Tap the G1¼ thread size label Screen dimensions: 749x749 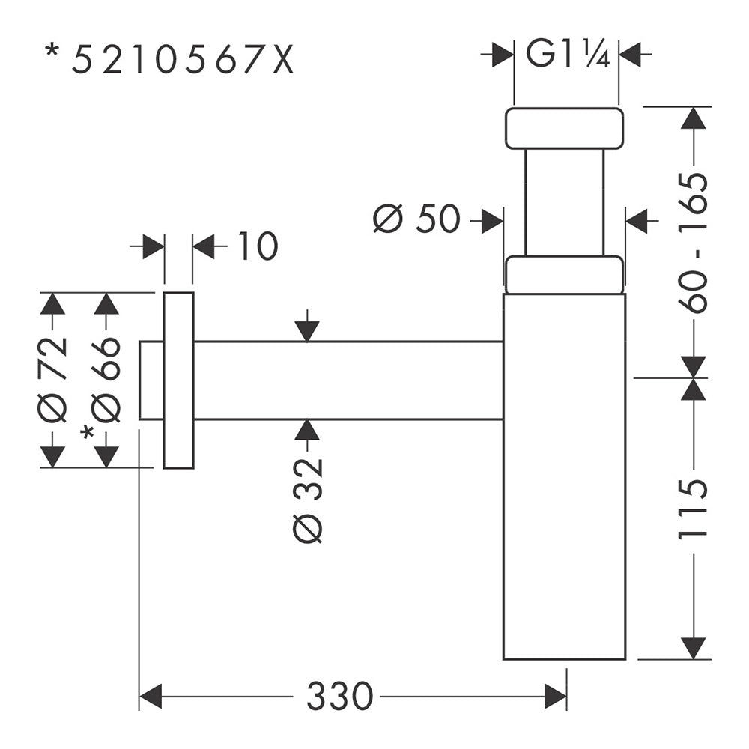(568, 54)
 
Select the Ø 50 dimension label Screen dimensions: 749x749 (416, 219)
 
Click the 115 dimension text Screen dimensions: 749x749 (693, 510)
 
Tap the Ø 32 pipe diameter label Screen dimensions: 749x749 (308, 500)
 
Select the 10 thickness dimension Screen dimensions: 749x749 (258, 246)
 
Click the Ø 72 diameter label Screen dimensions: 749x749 (52, 380)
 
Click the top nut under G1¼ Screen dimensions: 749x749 (564, 129)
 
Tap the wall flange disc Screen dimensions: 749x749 (179, 380)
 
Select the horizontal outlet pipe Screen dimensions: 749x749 (348, 380)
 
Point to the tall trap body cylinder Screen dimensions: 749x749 (564, 476)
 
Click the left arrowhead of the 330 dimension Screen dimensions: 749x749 (150, 696)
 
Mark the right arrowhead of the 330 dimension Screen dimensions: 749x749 (556, 696)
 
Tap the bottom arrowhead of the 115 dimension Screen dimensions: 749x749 (693, 648)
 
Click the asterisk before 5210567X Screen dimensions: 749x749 (52, 51)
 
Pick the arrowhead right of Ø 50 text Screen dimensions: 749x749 (493, 221)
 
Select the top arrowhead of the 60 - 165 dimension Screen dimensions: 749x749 (693, 118)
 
